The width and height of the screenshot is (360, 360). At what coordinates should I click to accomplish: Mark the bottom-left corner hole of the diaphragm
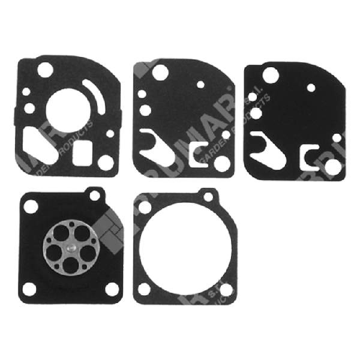tap(30, 289)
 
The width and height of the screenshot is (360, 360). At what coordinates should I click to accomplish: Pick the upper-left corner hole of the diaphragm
tap(29, 207)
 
